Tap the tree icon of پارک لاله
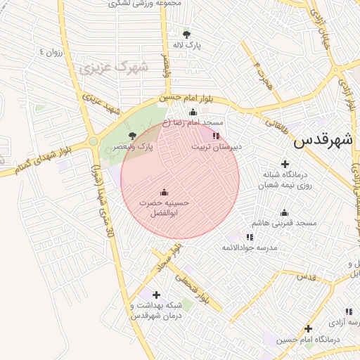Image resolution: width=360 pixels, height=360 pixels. point(186,34)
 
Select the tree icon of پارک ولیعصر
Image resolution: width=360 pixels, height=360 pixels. point(132,136)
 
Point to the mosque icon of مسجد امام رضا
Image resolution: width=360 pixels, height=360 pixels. point(193,112)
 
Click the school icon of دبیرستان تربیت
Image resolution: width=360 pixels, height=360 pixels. point(216,136)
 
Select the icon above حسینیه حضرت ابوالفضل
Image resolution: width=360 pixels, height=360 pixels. point(164,192)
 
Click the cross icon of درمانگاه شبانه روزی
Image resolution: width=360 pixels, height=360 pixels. point(285,163)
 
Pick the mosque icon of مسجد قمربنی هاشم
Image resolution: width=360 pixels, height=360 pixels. point(284,212)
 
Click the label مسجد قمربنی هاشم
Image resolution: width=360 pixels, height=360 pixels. point(287,223)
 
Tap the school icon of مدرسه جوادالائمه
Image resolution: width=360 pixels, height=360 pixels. point(250,237)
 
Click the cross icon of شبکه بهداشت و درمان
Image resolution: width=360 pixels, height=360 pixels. point(156,295)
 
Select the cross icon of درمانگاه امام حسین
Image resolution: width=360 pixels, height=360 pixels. point(308,328)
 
